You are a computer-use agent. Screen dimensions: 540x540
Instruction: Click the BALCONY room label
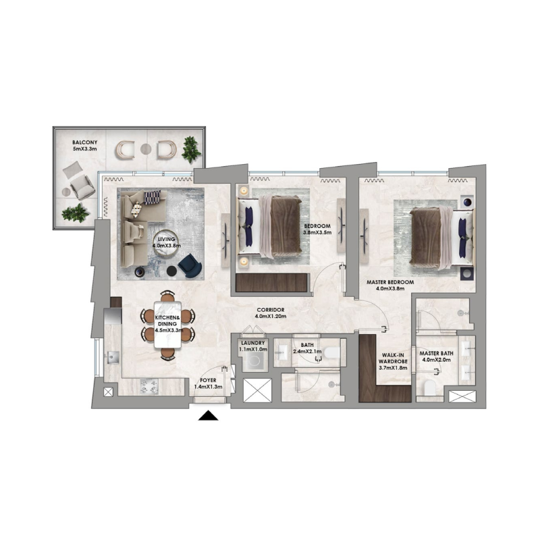pos(85,143)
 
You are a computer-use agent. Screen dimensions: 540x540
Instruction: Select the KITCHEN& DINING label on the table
pos(167,317)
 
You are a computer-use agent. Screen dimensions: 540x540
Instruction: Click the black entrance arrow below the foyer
pos(209,415)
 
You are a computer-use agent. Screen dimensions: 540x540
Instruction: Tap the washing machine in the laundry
pos(254,361)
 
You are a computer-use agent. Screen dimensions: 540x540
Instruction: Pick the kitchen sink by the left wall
pos(111,357)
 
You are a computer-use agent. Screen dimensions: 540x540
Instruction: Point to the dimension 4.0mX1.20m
pos(271,317)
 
